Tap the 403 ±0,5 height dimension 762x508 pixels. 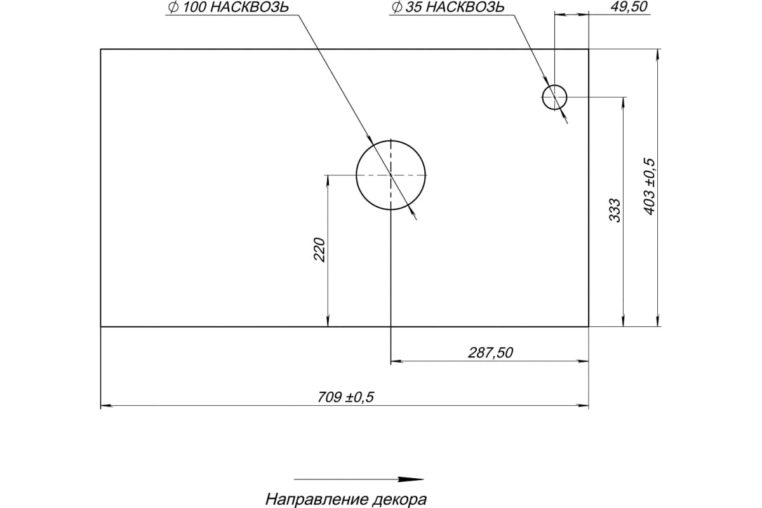[648, 186]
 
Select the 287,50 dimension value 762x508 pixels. [490, 353]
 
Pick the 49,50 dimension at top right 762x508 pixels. [612, 8]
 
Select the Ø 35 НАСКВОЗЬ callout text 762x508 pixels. [448, 8]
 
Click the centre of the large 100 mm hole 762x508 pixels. [391, 174]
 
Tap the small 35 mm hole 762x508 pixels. [554, 97]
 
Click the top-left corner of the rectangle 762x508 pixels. [101, 49]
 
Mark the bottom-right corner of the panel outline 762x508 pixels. [589, 326]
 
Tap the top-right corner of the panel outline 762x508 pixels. [589, 49]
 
